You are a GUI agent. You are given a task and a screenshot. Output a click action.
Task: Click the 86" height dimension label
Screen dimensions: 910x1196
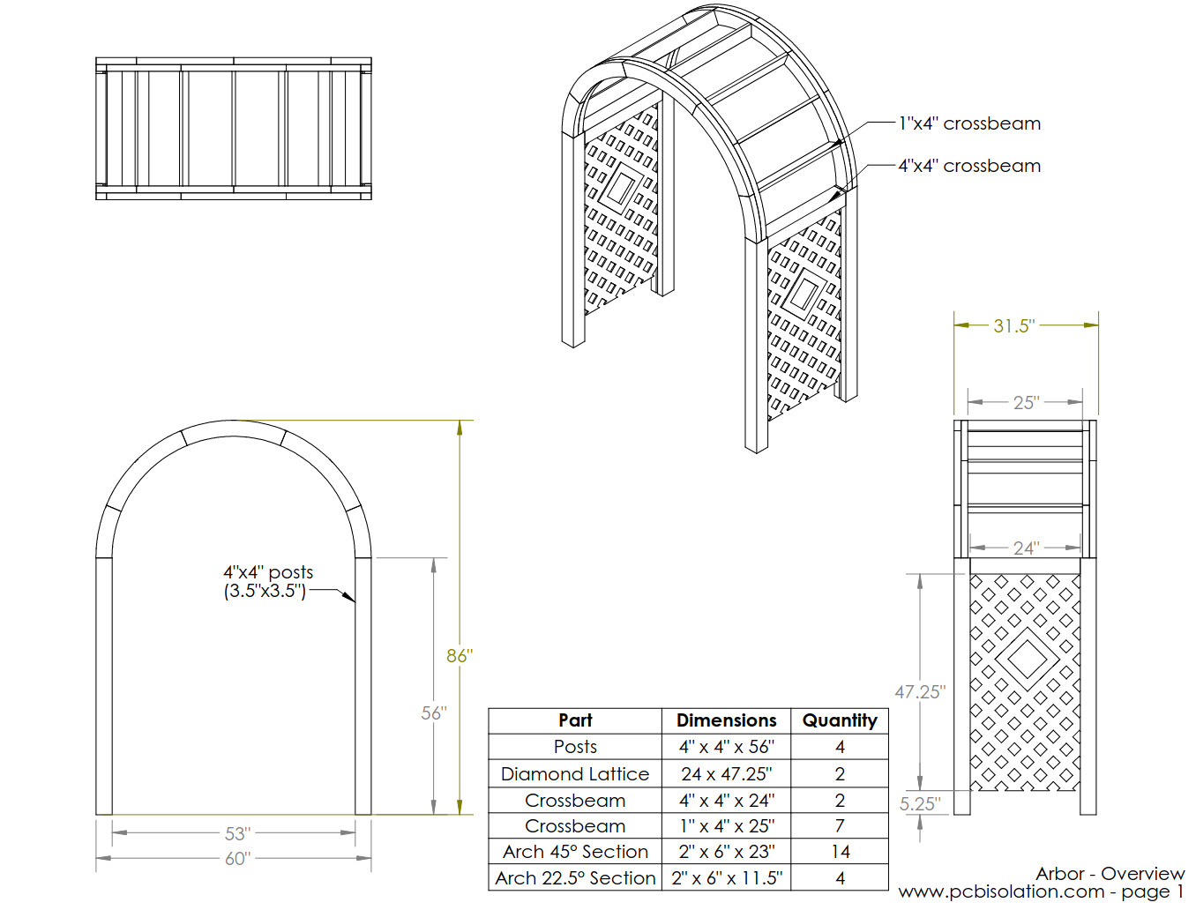[459, 655]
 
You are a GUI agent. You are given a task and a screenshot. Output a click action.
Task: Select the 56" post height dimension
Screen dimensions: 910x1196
[433, 712]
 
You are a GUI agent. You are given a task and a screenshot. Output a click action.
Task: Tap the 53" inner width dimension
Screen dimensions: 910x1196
[237, 833]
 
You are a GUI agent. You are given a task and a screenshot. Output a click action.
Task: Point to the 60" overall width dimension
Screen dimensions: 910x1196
[237, 858]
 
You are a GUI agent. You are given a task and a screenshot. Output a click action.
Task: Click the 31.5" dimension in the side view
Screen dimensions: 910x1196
[1013, 325]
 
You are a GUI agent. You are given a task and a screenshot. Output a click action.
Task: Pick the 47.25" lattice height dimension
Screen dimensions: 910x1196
[919, 692]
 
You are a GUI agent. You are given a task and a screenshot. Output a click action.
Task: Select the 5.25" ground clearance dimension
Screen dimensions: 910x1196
[919, 804]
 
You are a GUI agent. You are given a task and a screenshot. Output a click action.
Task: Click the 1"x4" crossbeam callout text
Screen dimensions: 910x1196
[969, 123]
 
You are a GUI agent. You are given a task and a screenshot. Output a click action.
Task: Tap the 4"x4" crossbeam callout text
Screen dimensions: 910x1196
[969, 166]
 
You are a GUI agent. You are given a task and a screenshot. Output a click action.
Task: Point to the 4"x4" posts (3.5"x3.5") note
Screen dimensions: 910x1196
[267, 582]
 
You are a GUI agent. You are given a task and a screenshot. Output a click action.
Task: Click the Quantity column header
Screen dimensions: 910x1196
[840, 720]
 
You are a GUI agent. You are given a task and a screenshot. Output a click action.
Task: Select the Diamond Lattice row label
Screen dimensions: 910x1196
[575, 774]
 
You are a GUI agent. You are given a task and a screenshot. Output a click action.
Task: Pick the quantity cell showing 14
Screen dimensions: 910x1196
[840, 852]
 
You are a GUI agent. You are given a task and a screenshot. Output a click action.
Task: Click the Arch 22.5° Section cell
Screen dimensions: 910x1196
[575, 878]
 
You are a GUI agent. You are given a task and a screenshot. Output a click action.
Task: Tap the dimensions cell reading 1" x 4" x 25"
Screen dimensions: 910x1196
[726, 826]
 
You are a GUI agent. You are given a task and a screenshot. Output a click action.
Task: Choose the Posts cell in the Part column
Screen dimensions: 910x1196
[575, 747]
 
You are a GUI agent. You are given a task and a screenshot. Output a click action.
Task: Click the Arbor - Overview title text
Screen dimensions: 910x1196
[1110, 874]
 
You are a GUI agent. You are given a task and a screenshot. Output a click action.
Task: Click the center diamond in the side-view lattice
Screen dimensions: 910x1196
[1026, 658]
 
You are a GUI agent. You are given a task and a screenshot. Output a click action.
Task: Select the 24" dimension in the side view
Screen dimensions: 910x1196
[1025, 548]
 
